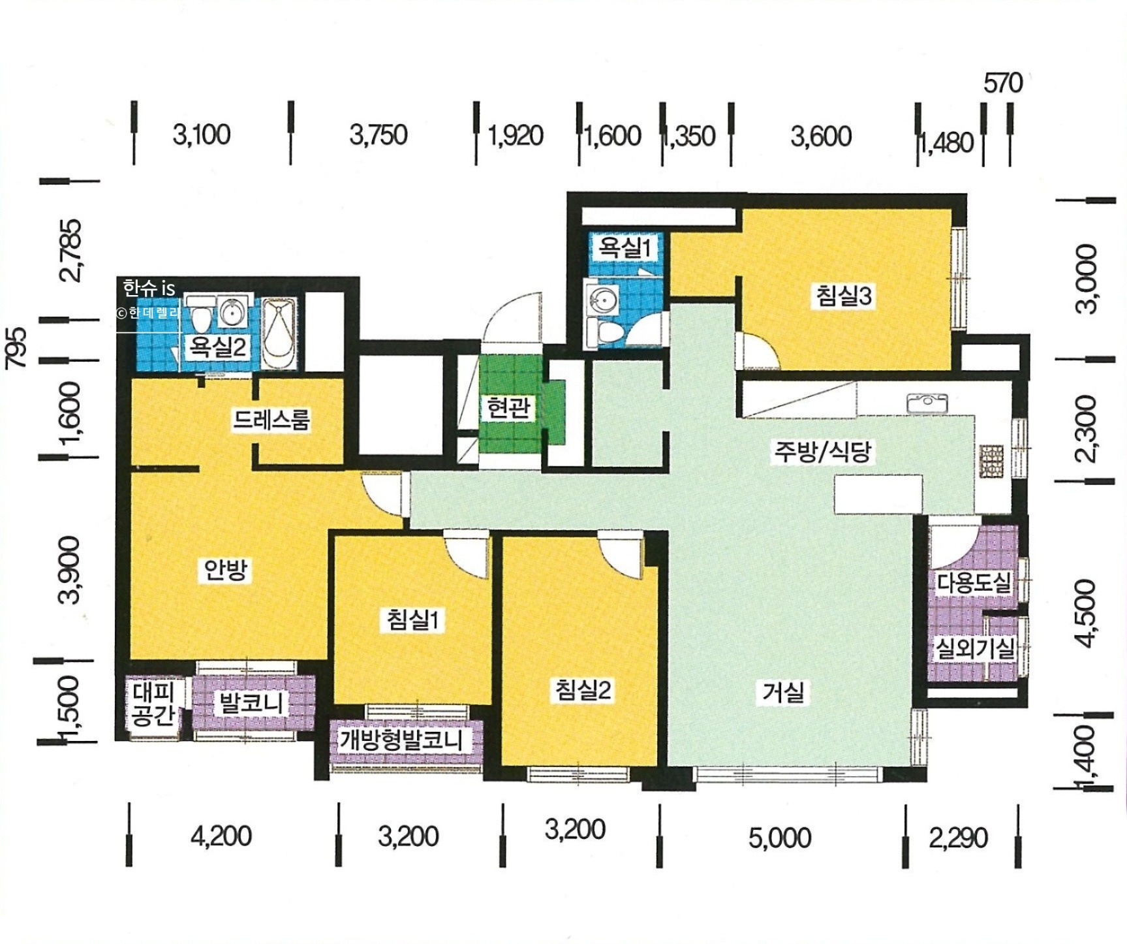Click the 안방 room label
tap(226, 569)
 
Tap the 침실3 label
tap(844, 295)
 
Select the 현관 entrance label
tap(508, 407)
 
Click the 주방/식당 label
tap(822, 450)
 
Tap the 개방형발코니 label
tap(401, 740)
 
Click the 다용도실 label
tap(974, 582)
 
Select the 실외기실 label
tap(975, 648)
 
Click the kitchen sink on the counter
tap(927, 403)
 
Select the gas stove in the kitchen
tap(991, 462)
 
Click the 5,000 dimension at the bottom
tap(780, 838)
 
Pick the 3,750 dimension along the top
tap(378, 134)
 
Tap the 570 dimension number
tap(1003, 83)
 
